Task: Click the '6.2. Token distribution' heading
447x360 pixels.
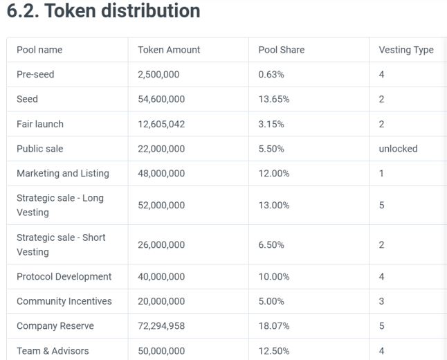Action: pos(103,11)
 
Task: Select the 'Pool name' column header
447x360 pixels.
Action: pos(39,50)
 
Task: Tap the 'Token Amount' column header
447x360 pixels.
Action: pos(169,50)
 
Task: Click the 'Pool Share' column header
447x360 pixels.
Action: pos(282,50)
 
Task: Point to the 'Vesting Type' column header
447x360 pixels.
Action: pos(406,51)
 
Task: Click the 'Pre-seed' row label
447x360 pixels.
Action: pos(35,75)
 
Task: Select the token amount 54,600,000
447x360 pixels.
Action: pos(161,99)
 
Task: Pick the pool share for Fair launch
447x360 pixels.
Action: pos(271,124)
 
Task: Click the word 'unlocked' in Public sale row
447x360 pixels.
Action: pos(398,149)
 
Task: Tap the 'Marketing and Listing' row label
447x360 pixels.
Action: pos(63,174)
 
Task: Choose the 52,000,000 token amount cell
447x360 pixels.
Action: pos(161,205)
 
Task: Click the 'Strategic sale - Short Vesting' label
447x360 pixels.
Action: pos(61,244)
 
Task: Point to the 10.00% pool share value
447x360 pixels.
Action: pos(274,276)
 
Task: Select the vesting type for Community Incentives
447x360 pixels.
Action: pos(381,301)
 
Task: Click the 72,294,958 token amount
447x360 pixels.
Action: pos(161,326)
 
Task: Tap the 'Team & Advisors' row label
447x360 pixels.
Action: pos(53,351)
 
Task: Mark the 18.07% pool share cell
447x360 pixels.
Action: pos(274,326)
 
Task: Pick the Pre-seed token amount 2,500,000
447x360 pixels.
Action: pos(158,75)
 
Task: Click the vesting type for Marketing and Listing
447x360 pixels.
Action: pos(381,174)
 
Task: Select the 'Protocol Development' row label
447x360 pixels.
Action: pos(64,277)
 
